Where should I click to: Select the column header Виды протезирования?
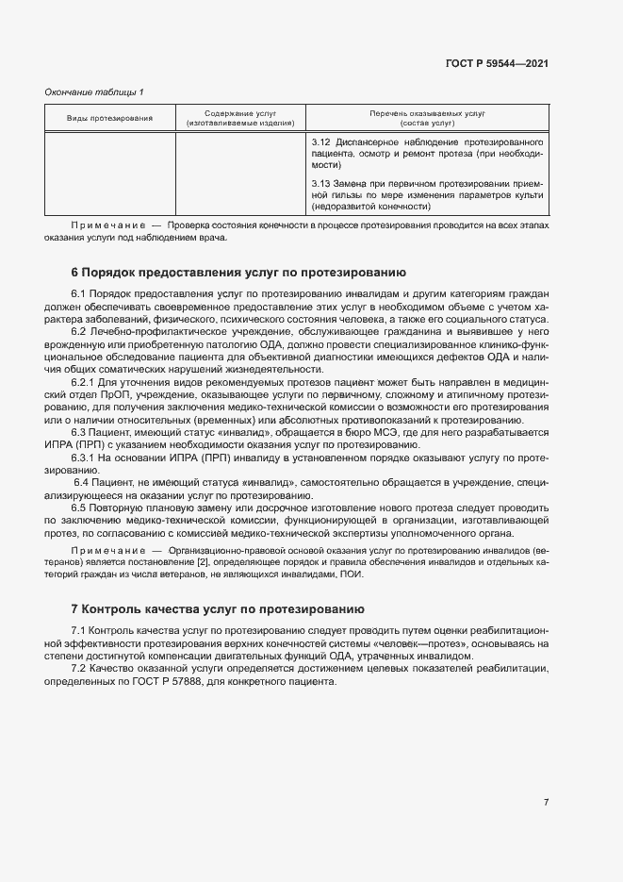click(109, 118)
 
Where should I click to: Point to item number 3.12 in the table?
click(320, 141)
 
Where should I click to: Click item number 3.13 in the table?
click(320, 183)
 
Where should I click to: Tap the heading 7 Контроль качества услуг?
click(219, 609)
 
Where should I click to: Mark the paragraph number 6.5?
click(78, 507)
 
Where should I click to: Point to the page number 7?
click(546, 802)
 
